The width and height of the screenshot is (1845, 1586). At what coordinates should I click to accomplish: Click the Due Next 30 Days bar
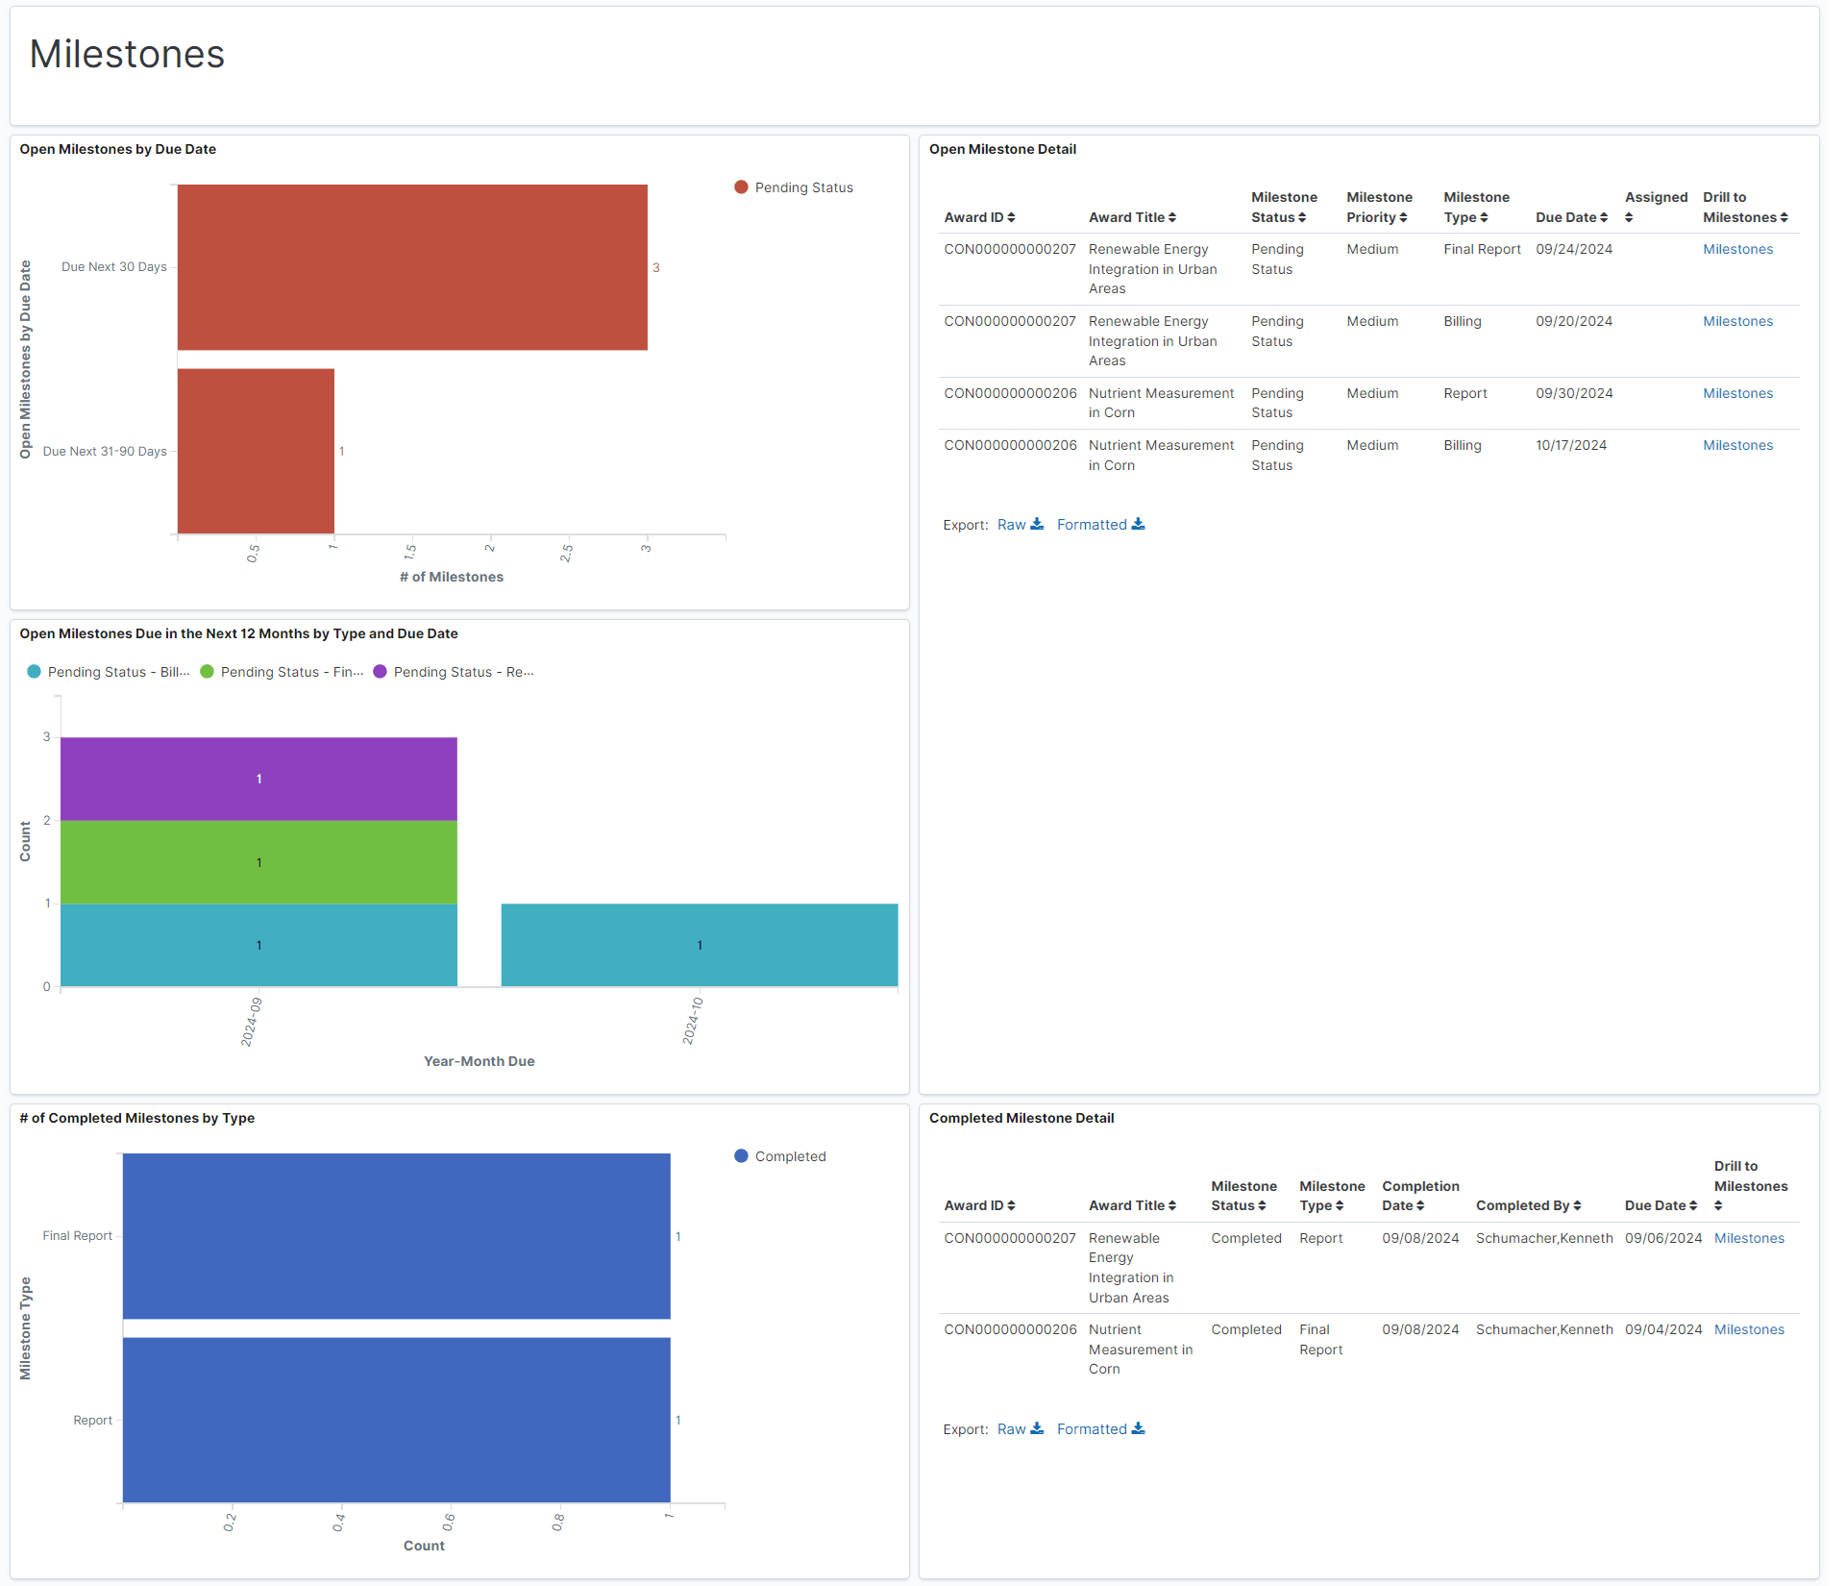pos(412,267)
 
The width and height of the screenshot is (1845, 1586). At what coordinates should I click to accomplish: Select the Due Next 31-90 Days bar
pos(256,451)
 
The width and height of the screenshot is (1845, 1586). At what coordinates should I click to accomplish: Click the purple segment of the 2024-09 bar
pos(258,779)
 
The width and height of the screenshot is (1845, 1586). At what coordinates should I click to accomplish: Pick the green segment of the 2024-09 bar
pos(258,862)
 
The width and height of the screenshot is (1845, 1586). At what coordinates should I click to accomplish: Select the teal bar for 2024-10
pos(700,945)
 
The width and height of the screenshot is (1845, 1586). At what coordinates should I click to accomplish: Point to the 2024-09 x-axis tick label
pos(251,1022)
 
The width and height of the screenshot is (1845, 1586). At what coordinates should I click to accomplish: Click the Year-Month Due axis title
pos(479,1061)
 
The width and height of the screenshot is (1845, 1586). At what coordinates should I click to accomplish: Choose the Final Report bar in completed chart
pos(396,1236)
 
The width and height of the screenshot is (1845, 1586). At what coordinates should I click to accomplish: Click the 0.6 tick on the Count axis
pos(449,1523)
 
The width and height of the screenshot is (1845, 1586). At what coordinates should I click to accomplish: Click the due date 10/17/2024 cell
pos(1571,445)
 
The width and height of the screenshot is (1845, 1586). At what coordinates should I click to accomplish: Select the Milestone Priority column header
pos(1378,207)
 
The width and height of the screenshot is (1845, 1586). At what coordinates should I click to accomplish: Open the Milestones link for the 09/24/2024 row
pos(1737,249)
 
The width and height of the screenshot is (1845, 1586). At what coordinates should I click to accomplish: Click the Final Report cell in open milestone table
pos(1482,249)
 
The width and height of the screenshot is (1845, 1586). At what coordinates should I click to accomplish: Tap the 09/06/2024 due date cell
pos(1662,1238)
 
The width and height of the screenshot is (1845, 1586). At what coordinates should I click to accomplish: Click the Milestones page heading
pos(127,55)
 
